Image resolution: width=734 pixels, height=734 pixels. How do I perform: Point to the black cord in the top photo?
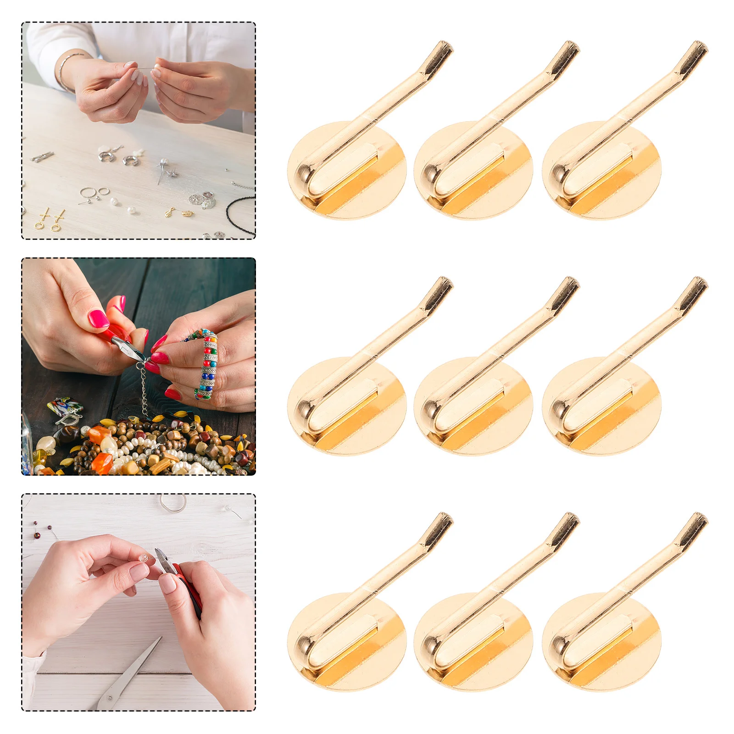(x=239, y=216)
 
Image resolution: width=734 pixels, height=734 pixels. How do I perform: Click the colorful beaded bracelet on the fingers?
(x=209, y=362)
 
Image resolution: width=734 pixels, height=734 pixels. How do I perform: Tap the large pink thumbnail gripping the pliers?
(x=99, y=318)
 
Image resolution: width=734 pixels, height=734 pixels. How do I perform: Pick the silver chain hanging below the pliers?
(x=144, y=390)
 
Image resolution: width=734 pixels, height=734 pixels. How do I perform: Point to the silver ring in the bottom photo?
(x=173, y=503)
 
